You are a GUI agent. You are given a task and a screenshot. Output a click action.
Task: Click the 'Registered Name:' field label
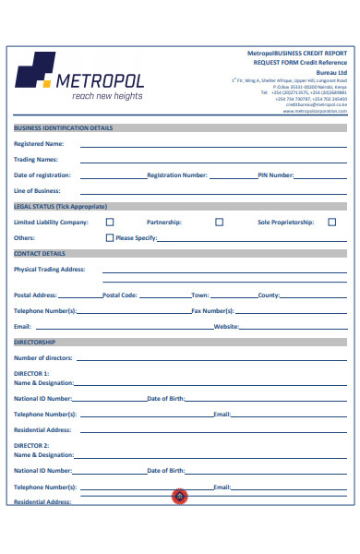click(39, 144)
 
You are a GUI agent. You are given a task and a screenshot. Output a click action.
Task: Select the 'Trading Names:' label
click(36, 159)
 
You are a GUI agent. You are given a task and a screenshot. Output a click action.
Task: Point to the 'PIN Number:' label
click(275, 175)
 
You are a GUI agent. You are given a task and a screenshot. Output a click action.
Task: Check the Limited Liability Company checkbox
click(110, 222)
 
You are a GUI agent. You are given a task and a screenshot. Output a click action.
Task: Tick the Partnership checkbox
click(219, 222)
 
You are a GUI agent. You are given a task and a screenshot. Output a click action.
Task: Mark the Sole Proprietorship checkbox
click(332, 222)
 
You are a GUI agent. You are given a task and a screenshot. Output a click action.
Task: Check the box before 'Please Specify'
click(110, 237)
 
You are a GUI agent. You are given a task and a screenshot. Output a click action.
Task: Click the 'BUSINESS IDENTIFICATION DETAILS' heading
click(64, 128)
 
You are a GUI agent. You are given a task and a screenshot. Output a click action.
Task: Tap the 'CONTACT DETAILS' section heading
click(40, 252)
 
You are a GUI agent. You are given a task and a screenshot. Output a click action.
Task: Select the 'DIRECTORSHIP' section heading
click(35, 342)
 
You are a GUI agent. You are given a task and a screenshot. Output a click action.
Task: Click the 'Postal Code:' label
click(120, 295)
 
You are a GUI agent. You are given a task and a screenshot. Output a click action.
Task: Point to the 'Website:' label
click(227, 327)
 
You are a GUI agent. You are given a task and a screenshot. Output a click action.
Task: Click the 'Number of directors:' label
click(42, 357)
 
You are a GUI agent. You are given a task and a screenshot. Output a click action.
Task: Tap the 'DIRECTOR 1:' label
click(32, 373)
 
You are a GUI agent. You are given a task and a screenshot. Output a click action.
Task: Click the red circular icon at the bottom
click(180, 497)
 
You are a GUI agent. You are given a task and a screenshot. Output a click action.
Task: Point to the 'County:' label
click(269, 295)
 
